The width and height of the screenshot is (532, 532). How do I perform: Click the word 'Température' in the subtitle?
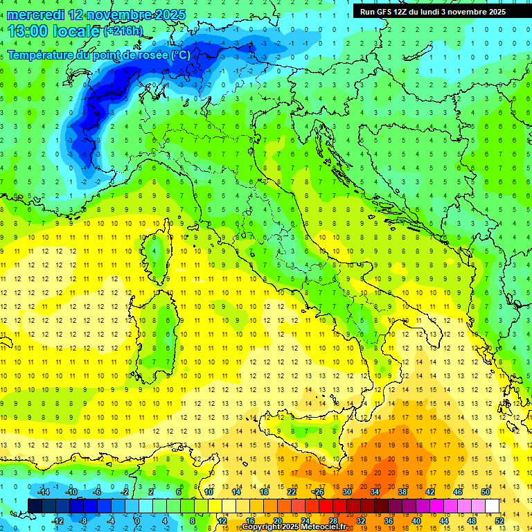click(x=42, y=55)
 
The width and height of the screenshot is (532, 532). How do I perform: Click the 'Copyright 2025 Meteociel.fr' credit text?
click(x=294, y=527)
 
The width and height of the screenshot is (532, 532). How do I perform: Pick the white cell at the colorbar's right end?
click(x=493, y=506)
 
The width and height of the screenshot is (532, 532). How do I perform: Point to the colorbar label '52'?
click(x=499, y=520)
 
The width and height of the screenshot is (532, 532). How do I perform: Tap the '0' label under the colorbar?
click(x=137, y=520)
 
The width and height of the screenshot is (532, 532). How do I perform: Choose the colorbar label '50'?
click(x=486, y=492)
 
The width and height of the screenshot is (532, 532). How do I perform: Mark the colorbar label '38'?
click(x=402, y=492)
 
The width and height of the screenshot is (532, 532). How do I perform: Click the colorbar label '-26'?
click(x=318, y=492)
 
